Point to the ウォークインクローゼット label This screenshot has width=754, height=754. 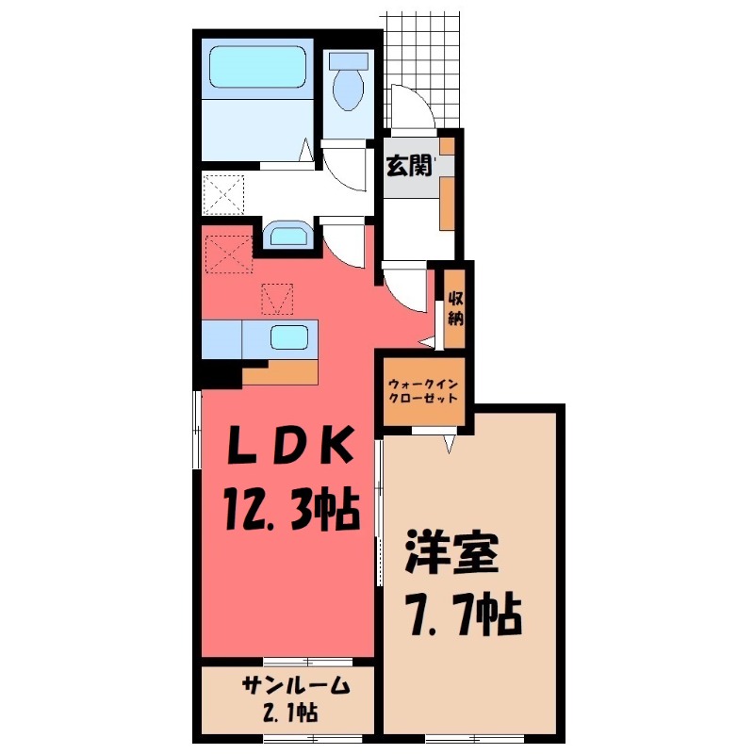click(x=423, y=390)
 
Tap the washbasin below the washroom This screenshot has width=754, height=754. click(x=285, y=235)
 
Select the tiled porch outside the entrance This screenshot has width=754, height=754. click(x=424, y=57)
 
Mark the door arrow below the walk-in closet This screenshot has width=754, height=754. click(x=450, y=441)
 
